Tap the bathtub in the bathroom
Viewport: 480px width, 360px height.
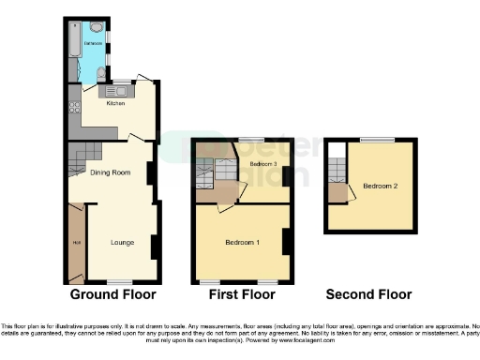(74, 47)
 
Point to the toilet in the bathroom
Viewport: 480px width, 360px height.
(100, 73)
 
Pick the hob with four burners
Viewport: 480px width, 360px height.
(74, 107)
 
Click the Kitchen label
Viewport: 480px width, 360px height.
(115, 103)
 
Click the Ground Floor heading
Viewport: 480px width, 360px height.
(112, 294)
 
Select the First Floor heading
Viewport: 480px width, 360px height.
(243, 294)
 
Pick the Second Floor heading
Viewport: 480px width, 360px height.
(368, 294)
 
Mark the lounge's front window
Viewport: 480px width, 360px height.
(117, 281)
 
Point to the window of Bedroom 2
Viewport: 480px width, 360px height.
(377, 140)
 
